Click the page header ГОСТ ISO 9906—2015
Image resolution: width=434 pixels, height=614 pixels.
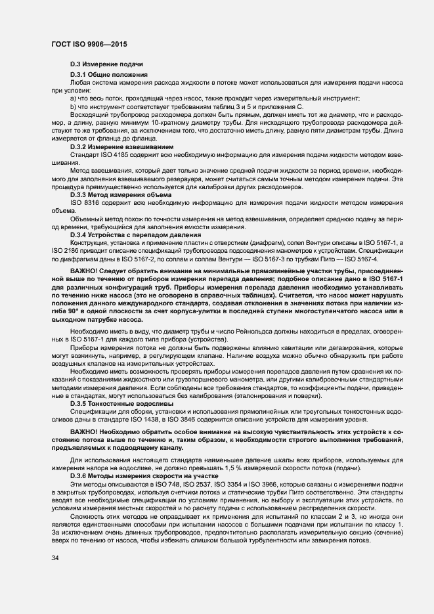(89, 44)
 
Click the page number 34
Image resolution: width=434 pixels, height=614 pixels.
(54, 558)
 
